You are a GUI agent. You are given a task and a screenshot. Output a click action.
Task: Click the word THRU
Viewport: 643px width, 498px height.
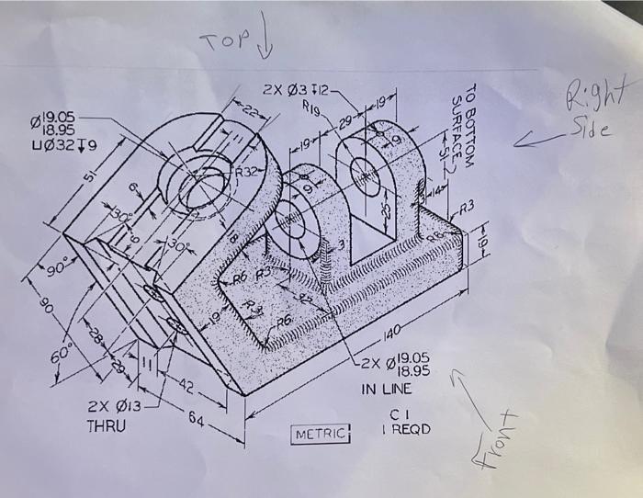pos(107,427)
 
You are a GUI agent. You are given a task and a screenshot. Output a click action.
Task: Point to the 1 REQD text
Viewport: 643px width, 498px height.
pos(404,429)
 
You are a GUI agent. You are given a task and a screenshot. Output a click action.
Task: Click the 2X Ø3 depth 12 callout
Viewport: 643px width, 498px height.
pos(293,91)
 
